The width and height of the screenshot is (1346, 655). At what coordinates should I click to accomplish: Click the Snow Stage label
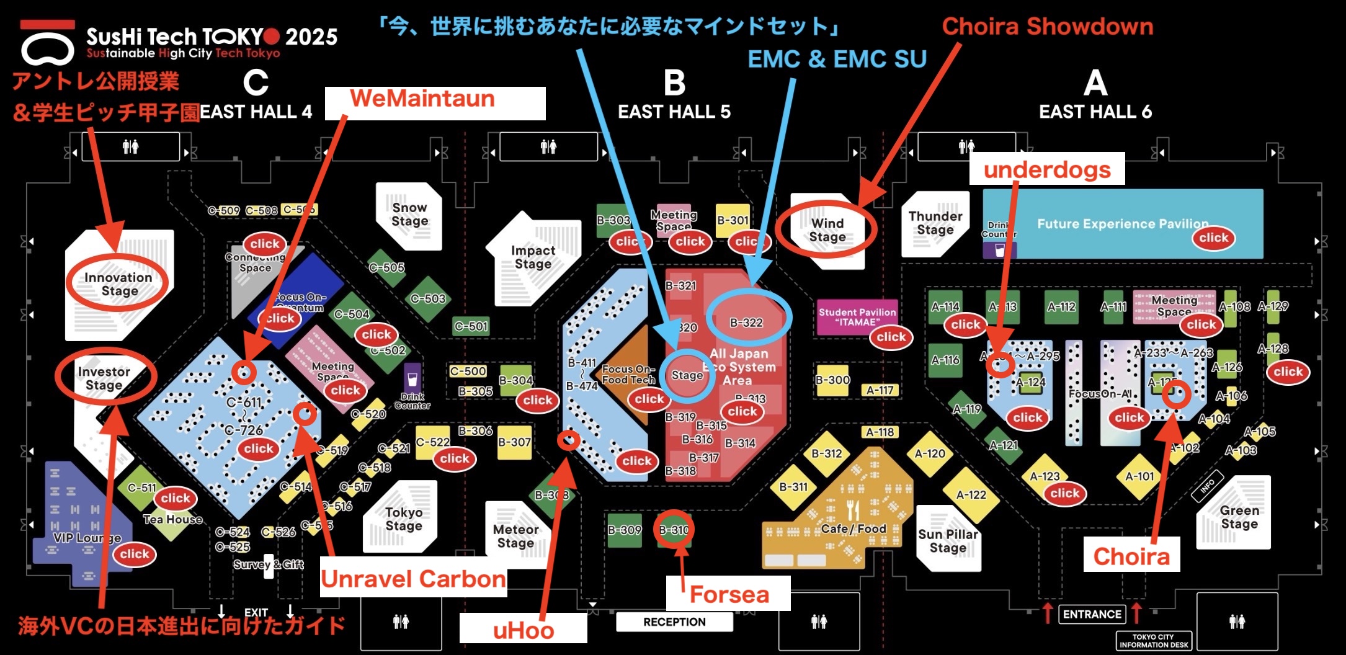[x=409, y=214]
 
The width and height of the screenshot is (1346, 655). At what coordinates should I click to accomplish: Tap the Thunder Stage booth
[x=935, y=223]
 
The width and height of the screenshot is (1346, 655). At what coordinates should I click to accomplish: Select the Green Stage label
[x=1239, y=517]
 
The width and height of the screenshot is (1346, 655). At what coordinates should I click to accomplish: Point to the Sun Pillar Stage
[x=948, y=540]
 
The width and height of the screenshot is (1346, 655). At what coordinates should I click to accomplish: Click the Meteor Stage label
[x=515, y=536]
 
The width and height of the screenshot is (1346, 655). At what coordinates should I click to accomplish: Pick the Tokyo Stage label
[x=404, y=519]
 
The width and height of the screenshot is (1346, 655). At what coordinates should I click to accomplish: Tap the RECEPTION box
[x=674, y=622]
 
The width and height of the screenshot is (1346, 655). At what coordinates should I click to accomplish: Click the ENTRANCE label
[x=1092, y=614]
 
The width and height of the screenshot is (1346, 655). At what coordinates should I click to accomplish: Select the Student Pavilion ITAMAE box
[x=857, y=317]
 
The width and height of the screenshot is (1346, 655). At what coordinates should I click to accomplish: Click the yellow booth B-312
[x=827, y=453]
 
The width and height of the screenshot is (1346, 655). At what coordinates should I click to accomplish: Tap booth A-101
[x=1139, y=476]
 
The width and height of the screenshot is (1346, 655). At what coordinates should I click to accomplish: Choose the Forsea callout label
[x=728, y=594]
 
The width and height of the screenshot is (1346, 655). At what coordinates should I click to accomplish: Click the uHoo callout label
[x=523, y=630]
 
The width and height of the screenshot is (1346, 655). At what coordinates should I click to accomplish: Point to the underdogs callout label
[x=1046, y=169]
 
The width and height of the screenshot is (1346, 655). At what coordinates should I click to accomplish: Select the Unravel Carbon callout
[x=413, y=579]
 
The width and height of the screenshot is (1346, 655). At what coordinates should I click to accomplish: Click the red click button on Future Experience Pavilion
[x=1213, y=238]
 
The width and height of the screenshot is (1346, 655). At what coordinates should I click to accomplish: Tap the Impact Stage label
[x=533, y=257]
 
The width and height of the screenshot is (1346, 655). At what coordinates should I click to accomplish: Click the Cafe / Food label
[x=854, y=528]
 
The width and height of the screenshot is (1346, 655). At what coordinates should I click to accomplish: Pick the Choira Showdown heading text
[x=1047, y=26]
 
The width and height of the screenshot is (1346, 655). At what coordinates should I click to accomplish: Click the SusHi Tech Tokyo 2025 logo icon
[x=47, y=45]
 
